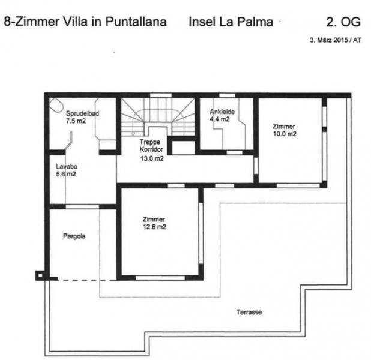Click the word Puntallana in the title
(136, 22)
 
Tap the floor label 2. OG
(343, 22)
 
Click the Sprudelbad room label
(82, 113)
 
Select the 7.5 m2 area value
(76, 121)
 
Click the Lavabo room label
(67, 167)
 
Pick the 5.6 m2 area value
(66, 175)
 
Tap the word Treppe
(149, 142)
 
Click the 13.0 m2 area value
(152, 158)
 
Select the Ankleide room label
(222, 112)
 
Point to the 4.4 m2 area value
(220, 119)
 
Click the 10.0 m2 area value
(285, 134)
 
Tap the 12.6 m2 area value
(155, 227)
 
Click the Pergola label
(74, 236)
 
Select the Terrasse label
(249, 312)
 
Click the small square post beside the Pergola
(40, 275)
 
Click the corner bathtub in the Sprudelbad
(56, 105)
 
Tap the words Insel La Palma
(231, 22)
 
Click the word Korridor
(151, 149)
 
